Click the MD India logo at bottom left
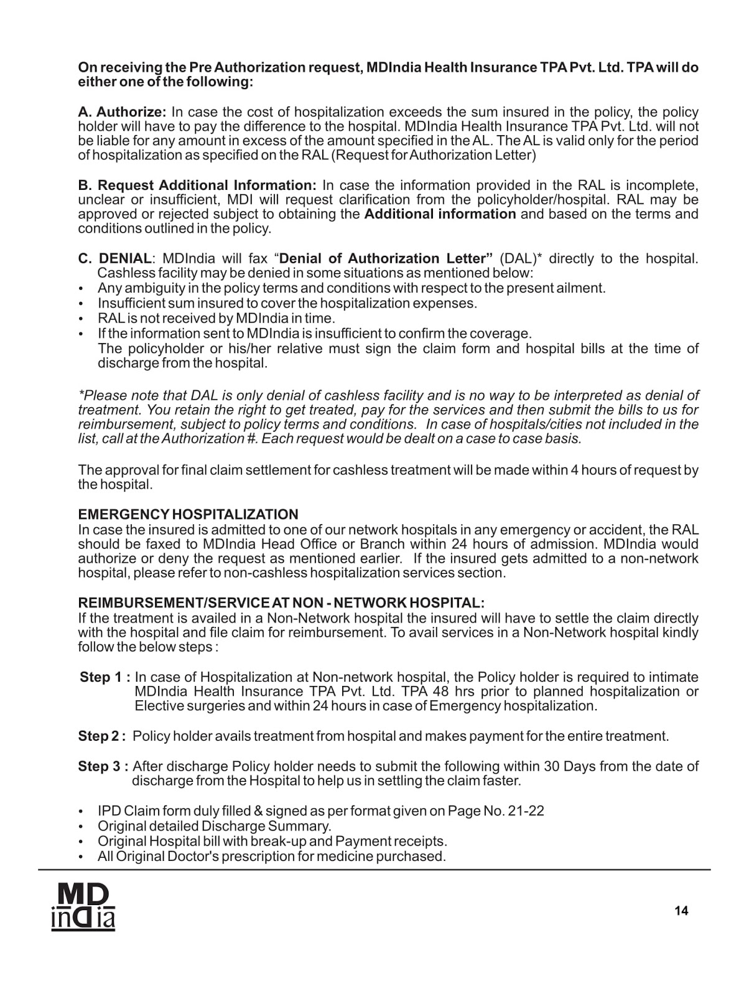coord(83,908)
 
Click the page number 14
coord(681,911)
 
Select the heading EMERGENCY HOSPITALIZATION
coord(188,515)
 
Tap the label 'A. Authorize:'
coord(122,113)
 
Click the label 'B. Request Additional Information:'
coord(197,186)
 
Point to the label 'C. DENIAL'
coord(115,258)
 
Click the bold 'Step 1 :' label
coord(105,677)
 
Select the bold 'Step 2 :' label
coord(103,736)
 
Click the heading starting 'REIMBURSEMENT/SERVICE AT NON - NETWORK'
coord(281,603)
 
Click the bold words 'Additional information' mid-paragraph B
coord(440,214)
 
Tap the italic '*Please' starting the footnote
coord(101,396)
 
